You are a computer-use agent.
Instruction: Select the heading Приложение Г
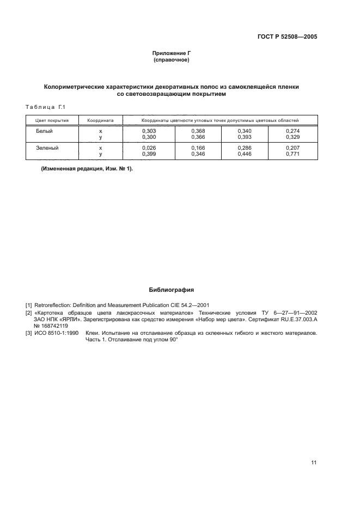click(172, 53)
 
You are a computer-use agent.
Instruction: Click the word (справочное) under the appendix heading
click(172, 60)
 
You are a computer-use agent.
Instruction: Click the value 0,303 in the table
click(149, 131)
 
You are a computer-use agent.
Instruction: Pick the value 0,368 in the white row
click(198, 131)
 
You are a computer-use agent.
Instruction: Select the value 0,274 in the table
click(292, 131)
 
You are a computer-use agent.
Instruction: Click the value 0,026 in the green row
click(149, 148)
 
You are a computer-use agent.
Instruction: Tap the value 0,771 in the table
click(292, 155)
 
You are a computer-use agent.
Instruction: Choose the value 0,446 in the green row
click(245, 155)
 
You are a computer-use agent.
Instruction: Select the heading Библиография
click(172, 290)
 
